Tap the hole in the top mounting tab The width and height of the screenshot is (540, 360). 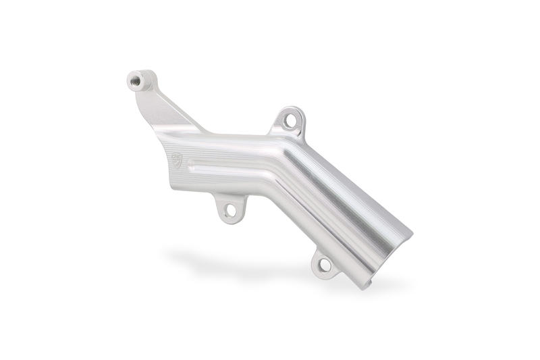click(290, 121)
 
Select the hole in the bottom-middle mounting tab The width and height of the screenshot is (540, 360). click(231, 209)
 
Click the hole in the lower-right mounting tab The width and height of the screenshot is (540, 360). click(325, 265)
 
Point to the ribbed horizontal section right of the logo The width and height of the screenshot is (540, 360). click(230, 169)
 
